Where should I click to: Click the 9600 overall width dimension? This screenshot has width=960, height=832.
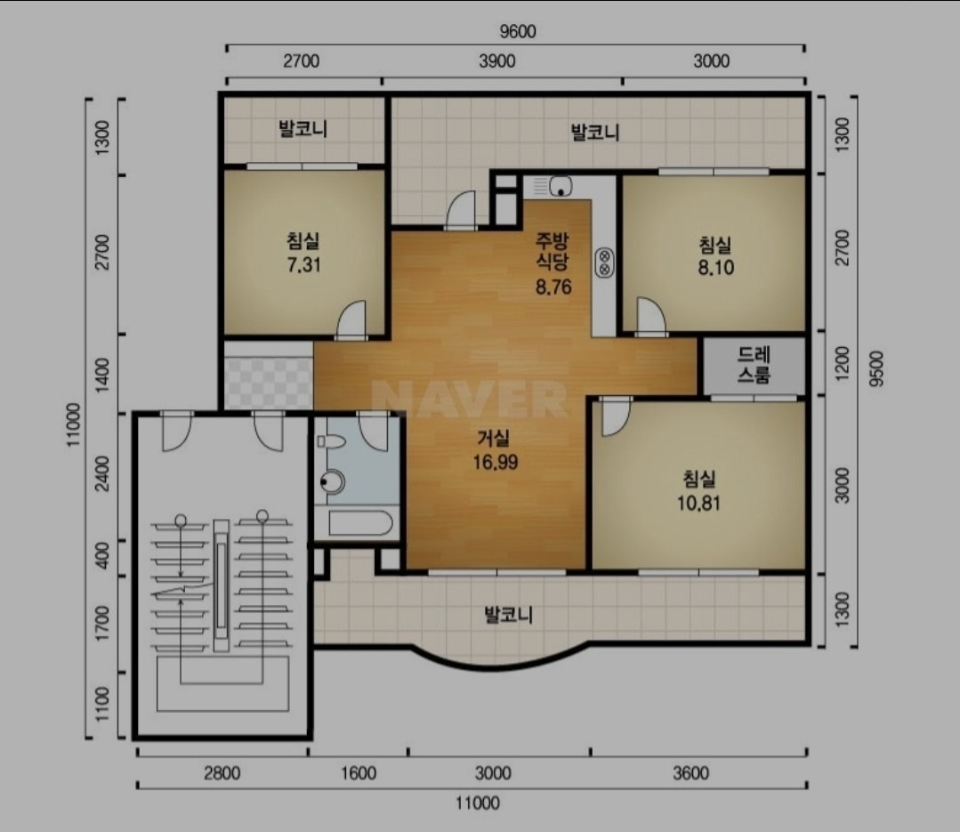click(x=517, y=31)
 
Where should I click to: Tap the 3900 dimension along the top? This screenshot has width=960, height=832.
click(x=496, y=61)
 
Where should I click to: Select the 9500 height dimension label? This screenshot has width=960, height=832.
click(x=876, y=368)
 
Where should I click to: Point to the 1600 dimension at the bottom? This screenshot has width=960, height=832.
click(x=359, y=773)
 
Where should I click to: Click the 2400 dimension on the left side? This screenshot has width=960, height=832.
click(x=102, y=473)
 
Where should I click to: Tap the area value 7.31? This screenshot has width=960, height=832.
click(x=303, y=265)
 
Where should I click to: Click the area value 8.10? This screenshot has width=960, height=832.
click(x=715, y=268)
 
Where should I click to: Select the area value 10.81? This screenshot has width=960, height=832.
click(x=698, y=504)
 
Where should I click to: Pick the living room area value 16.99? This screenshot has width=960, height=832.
click(x=496, y=462)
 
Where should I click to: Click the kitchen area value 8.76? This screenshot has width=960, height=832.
click(x=553, y=287)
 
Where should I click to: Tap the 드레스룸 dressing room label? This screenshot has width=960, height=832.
click(x=754, y=365)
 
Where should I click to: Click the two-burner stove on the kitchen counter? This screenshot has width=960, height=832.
click(x=604, y=262)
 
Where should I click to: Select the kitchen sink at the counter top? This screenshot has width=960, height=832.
click(x=561, y=185)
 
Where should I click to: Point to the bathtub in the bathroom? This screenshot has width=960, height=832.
click(x=360, y=523)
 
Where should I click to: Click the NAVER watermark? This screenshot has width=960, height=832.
click(x=470, y=399)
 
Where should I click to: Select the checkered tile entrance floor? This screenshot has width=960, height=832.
click(x=268, y=376)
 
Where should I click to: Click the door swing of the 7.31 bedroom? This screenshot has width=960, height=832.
click(x=351, y=319)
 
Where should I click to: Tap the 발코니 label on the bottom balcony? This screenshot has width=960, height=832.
click(x=508, y=614)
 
